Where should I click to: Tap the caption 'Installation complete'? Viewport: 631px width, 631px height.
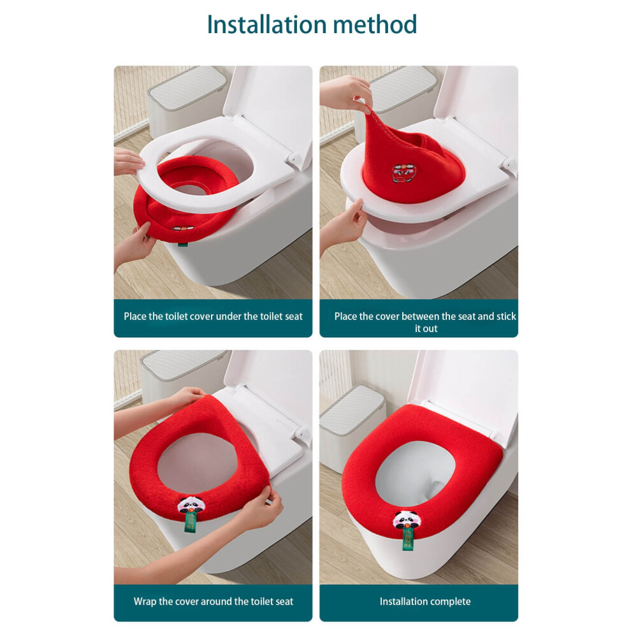click(x=425, y=601)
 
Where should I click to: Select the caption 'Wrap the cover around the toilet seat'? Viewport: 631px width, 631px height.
click(x=214, y=601)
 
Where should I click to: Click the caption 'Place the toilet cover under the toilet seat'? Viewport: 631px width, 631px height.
click(x=213, y=316)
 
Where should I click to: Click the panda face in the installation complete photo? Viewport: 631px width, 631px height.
click(x=405, y=519)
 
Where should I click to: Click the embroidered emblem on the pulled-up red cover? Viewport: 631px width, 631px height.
click(x=402, y=173)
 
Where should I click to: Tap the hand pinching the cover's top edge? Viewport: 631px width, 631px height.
click(x=345, y=93)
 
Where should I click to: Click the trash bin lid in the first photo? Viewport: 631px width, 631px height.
click(x=186, y=88)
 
